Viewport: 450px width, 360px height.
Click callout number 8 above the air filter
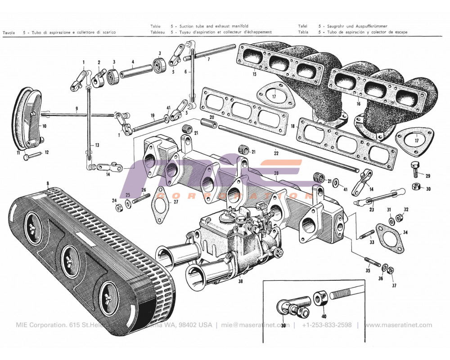(47, 184)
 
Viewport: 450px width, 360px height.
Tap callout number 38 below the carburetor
(240, 282)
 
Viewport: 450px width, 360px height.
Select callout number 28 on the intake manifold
(276, 173)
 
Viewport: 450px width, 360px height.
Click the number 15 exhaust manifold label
(254, 73)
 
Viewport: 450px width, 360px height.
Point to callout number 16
(358, 104)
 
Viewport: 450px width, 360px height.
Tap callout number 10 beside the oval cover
(44, 126)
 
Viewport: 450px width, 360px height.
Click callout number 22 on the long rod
(276, 153)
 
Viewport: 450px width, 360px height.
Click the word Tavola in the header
(9, 32)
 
